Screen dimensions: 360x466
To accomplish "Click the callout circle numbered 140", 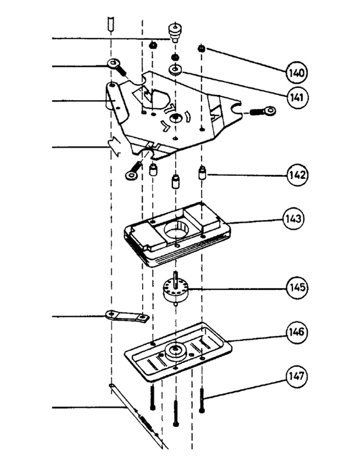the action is coord(297,72).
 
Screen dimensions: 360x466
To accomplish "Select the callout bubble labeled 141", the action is coord(298,97).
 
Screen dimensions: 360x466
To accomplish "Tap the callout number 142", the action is coord(297,175).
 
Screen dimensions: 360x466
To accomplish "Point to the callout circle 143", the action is coord(294,219).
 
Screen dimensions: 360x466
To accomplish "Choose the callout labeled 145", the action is coord(297,287).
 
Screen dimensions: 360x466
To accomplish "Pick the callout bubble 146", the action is coord(297,331).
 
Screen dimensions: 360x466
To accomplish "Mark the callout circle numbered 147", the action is coord(297,376).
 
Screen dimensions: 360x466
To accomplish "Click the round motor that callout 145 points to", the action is coord(175,290).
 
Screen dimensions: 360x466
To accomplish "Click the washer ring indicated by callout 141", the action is coord(176,70).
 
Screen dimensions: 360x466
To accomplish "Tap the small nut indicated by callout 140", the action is coord(202,48).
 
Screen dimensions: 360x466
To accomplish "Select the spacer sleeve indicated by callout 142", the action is coord(202,173).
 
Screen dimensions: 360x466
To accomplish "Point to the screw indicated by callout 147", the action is coord(202,401).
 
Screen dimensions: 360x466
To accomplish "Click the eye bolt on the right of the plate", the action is coord(263,111).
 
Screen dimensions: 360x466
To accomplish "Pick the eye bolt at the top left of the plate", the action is coord(117,66).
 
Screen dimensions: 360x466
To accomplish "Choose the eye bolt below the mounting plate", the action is coord(134,170).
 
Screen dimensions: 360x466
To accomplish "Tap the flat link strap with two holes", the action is coord(127,316).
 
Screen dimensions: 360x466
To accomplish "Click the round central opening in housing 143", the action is coord(176,230).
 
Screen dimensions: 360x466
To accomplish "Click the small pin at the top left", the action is coord(111,24).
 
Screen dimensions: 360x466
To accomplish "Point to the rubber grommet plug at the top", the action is coord(175,32).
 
